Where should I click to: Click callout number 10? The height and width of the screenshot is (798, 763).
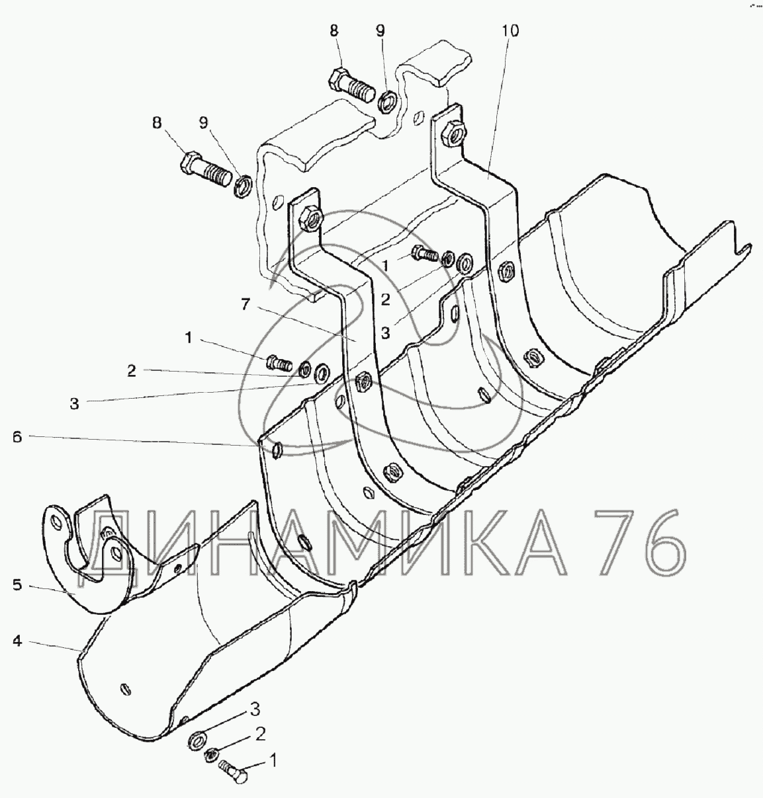point(510,31)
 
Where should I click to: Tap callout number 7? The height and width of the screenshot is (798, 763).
point(246,305)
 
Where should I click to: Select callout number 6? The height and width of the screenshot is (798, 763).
point(17,437)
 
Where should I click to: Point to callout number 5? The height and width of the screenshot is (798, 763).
point(17,585)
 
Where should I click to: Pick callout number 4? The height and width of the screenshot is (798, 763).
point(17,641)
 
